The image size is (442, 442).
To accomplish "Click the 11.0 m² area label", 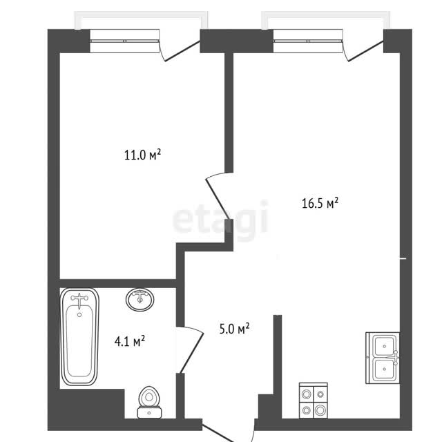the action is pos(143,155).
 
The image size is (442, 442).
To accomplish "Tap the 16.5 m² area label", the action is pos(320,203).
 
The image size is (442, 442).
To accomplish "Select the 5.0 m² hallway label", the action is pos(234,329).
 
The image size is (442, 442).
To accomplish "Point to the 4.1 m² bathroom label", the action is pos(130,341).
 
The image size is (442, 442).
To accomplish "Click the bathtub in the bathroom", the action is pos(80,336).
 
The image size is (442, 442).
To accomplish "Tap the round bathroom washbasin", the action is pos(140,299).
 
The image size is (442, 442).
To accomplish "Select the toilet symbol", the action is pos(149,402).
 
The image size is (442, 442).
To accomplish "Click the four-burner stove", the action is pos(313,401).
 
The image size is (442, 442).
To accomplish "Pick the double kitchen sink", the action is pos(383,358).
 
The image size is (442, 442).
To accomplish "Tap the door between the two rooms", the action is pos(217,195).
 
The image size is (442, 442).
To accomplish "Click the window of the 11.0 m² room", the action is pos(124,41).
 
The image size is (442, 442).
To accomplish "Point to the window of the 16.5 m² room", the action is pos(308,41).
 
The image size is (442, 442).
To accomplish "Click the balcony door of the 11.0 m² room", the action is pos(180,45).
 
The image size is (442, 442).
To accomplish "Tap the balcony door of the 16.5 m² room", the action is pos(363,45).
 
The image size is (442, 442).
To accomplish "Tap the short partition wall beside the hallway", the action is pos(278,354).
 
